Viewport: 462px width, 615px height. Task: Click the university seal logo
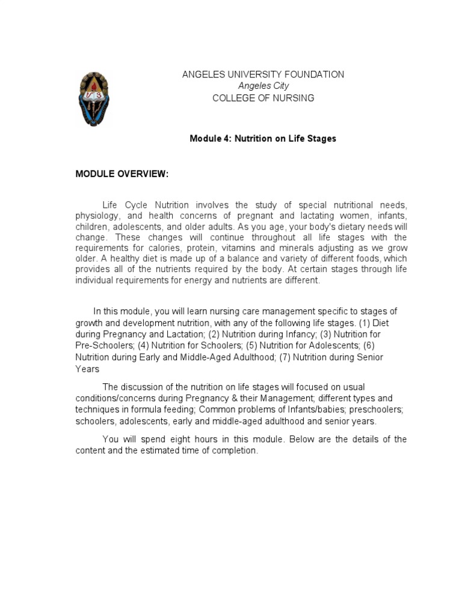click(x=94, y=98)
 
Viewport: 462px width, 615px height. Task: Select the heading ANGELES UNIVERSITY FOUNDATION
click(x=263, y=74)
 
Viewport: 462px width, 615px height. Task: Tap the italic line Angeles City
click(x=263, y=86)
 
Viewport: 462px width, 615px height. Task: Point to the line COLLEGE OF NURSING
click(x=263, y=98)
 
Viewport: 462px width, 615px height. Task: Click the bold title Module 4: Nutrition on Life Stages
click(x=263, y=139)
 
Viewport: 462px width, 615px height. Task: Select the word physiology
click(x=99, y=216)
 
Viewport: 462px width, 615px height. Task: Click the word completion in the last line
click(x=237, y=451)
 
